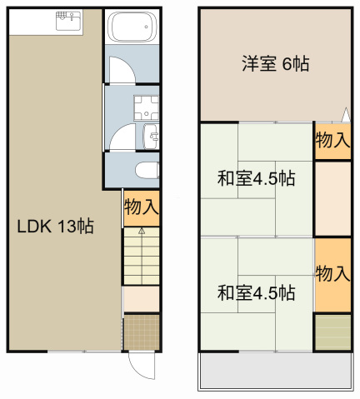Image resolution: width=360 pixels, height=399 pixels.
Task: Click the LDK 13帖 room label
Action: (55, 226)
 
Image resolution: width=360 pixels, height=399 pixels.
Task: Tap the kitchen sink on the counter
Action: (67, 20)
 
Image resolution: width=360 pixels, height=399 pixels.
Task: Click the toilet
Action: (146, 171)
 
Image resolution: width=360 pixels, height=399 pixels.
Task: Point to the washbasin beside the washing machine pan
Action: (152, 136)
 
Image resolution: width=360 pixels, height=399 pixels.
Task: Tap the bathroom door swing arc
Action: (121, 70)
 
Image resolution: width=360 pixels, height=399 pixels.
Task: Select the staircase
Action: (141, 257)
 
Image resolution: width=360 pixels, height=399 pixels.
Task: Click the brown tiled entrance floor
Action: (141, 332)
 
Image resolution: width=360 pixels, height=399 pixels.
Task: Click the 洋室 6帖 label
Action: (275, 63)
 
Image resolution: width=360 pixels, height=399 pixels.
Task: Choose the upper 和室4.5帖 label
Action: (256, 178)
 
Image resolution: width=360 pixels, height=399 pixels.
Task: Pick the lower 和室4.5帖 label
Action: (256, 292)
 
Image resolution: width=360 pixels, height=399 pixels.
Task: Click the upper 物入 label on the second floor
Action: (332, 141)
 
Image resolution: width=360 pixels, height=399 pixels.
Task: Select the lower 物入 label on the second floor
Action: (332, 274)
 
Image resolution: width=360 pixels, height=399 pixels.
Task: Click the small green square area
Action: (332, 332)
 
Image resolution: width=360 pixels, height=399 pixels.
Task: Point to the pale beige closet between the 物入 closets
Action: (332, 198)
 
